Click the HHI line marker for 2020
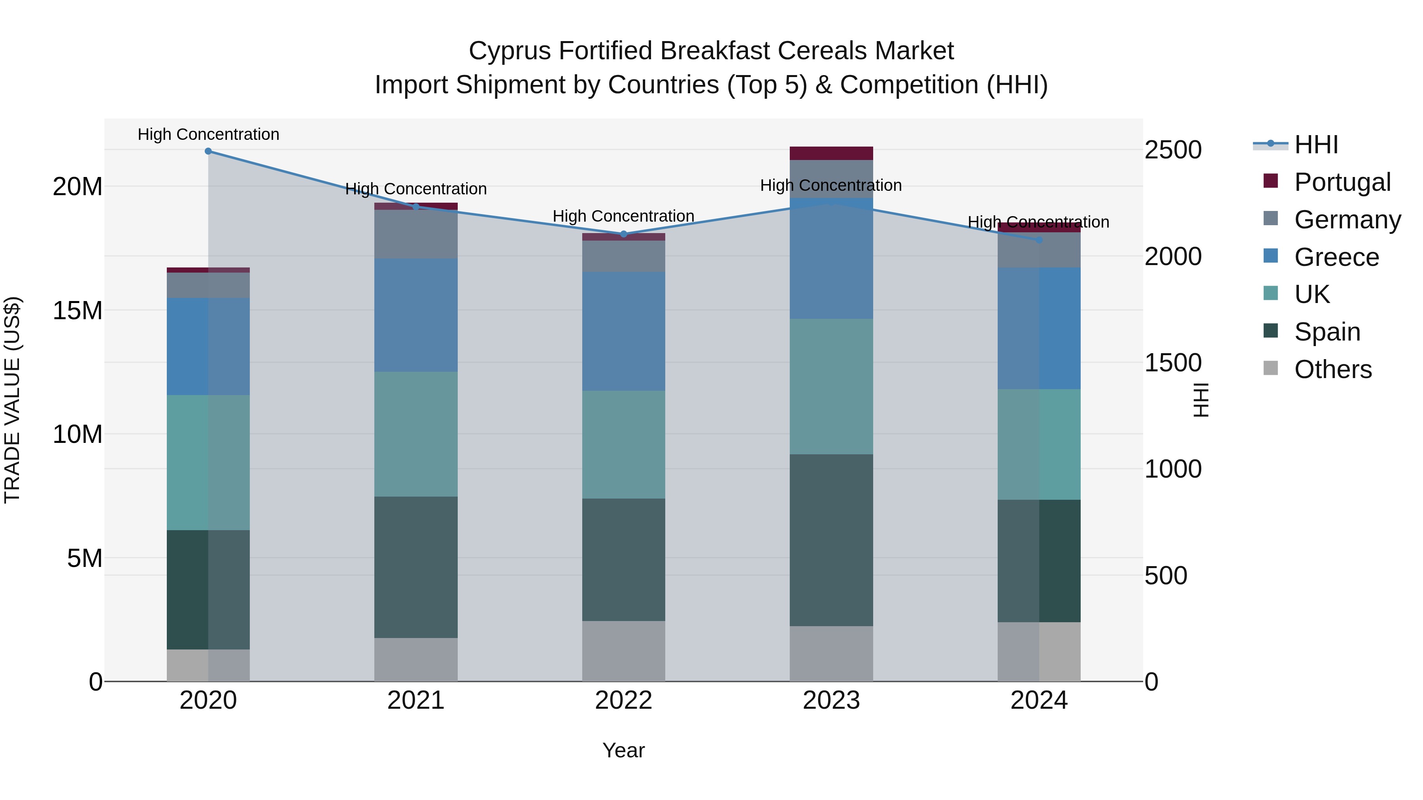208,151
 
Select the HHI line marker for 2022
624,234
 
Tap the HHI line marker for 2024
1039,240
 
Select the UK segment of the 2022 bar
624,444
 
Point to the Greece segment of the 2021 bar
415,315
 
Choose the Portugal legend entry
1342,182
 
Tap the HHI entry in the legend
1316,145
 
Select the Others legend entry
1332,369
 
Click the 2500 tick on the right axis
1173,150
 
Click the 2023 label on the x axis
831,700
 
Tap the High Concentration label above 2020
208,134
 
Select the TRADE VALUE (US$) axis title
12,400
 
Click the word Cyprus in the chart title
510,51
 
